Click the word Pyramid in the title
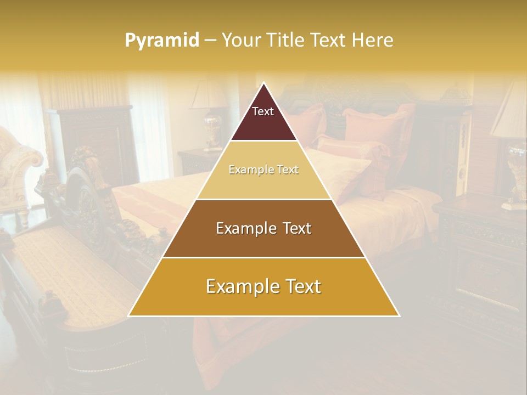tap(161, 40)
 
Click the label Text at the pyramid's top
tap(263, 111)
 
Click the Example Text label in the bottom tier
tap(263, 286)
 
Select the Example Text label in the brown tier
tap(263, 228)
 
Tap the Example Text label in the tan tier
tap(263, 170)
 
